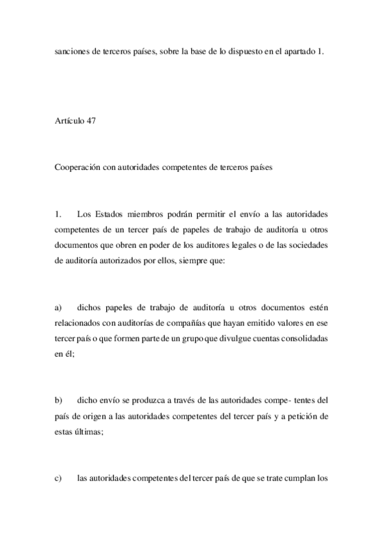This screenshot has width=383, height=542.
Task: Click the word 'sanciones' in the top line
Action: [72, 53]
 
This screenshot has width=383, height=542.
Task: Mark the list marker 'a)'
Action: [58, 307]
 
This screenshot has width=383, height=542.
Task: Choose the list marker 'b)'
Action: [58, 400]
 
